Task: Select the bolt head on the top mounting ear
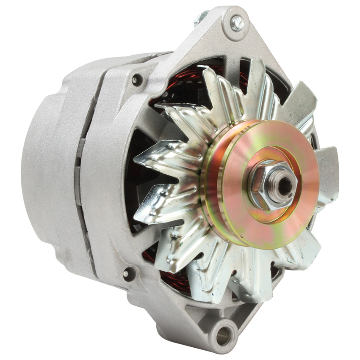[237, 23]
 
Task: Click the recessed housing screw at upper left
[136, 80]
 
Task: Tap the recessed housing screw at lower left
[126, 274]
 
